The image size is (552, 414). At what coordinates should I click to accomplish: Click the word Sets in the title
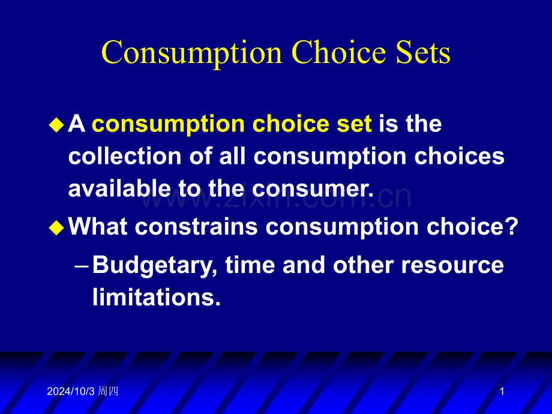tap(422, 52)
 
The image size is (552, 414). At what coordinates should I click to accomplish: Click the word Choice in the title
tap(339, 52)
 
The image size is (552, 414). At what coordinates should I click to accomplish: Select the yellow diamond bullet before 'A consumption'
tap(56, 125)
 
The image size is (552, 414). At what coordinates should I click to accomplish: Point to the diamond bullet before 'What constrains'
tap(56, 227)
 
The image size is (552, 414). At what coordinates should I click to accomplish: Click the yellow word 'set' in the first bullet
tap(354, 124)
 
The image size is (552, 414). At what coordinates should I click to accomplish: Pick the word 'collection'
tap(125, 156)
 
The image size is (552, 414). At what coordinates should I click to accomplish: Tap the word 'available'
tap(119, 188)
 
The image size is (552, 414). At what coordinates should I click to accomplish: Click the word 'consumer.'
tap(313, 188)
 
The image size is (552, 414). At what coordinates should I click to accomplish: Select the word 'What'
tap(98, 226)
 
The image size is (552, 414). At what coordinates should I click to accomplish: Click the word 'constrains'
tap(196, 226)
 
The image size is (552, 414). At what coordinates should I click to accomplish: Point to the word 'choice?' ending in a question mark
tap(472, 226)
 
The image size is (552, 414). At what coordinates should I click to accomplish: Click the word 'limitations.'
tap(157, 297)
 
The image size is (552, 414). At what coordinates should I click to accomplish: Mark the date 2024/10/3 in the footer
tap(71, 391)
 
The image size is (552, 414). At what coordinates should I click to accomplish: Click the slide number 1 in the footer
tap(502, 391)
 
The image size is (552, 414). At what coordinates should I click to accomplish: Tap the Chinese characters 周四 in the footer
tap(108, 391)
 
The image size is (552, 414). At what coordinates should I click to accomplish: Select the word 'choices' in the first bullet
tap(459, 156)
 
